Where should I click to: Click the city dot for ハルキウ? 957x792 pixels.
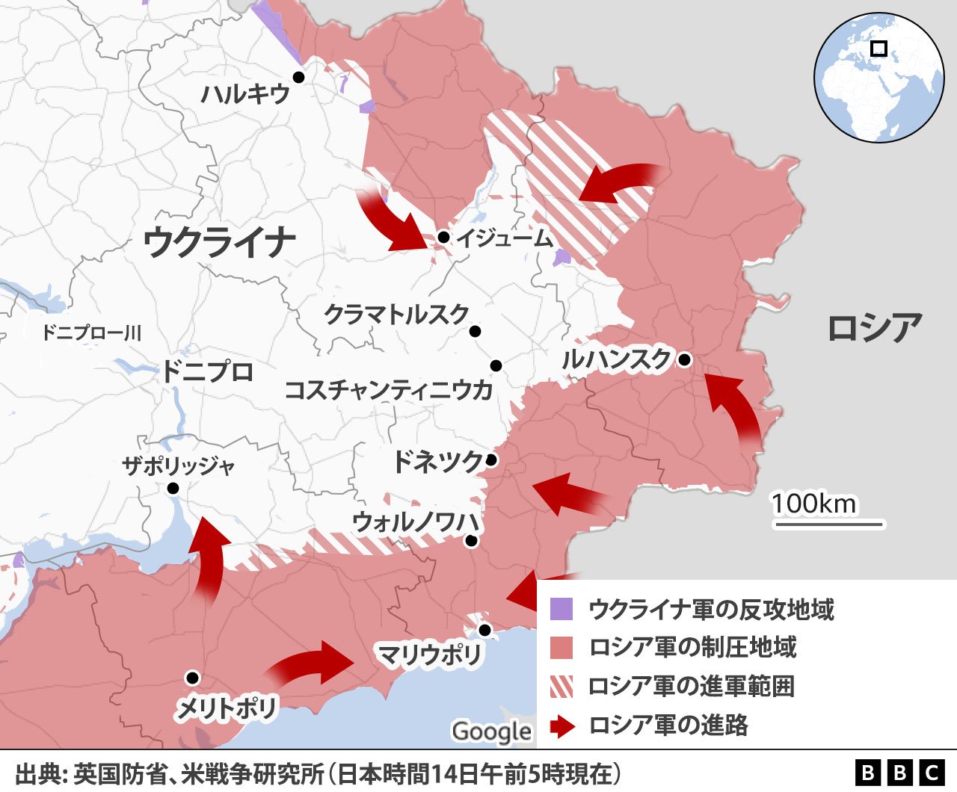pyautogui.click(x=298, y=77)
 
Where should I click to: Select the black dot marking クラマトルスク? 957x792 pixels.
pyautogui.click(x=475, y=332)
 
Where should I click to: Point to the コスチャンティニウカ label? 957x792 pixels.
pyautogui.click(x=388, y=389)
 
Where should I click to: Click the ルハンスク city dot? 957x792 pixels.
pyautogui.click(x=684, y=359)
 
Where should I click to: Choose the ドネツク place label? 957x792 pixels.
pyautogui.click(x=437, y=462)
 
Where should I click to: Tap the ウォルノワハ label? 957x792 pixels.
pyautogui.click(x=416, y=522)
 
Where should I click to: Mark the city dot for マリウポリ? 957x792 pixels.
pyautogui.click(x=484, y=630)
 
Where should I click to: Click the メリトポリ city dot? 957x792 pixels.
pyautogui.click(x=192, y=678)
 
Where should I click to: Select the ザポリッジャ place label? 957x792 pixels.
pyautogui.click(x=178, y=466)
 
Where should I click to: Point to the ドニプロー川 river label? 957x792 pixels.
pyautogui.click(x=90, y=332)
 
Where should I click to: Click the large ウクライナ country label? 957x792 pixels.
pyautogui.click(x=219, y=241)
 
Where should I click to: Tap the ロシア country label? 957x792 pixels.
pyautogui.click(x=874, y=328)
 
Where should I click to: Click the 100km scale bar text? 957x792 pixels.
pyautogui.click(x=814, y=504)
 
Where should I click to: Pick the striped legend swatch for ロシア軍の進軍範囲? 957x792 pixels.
pyautogui.click(x=561, y=686)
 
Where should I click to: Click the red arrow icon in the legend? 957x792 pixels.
pyautogui.click(x=561, y=726)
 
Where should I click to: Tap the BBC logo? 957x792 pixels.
pyautogui.click(x=900, y=773)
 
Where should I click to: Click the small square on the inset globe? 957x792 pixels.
pyautogui.click(x=879, y=49)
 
